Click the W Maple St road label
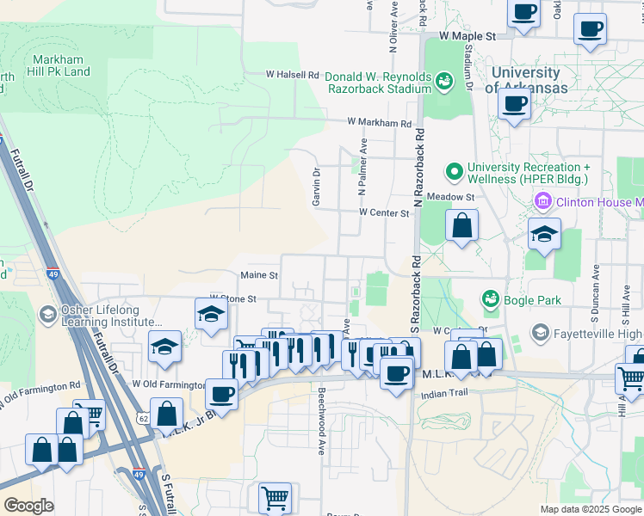468,37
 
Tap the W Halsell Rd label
293,75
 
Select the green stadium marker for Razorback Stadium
444,82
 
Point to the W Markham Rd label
380,124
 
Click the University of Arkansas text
526,81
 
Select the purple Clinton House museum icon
543,203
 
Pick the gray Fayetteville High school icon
540,332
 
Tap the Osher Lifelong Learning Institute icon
48,316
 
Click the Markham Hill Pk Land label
60,65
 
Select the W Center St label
383,212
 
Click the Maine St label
259,275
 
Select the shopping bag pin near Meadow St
462,226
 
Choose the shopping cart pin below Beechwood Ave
275,498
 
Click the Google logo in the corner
29,506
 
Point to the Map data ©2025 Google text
590,509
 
